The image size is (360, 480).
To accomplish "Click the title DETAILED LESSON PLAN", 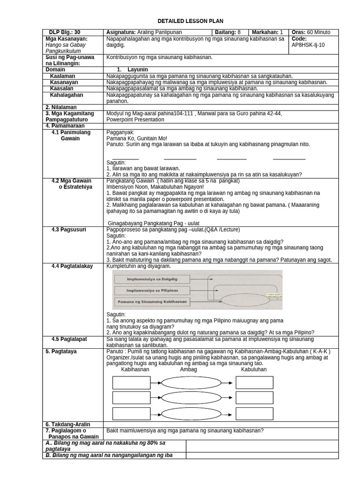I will tap(190, 21).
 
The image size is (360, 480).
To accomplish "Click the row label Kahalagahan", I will tap(67, 95).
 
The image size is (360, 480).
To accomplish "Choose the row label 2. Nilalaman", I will tap(61, 107).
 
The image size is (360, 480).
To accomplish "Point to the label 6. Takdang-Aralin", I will tap(67, 424).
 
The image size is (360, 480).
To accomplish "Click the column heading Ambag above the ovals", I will tap(188, 369).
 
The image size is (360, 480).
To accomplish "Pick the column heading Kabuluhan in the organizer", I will tap(254, 369).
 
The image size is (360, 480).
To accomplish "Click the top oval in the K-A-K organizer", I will tap(191, 382).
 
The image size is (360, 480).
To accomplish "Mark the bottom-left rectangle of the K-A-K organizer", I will tap(131, 413).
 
